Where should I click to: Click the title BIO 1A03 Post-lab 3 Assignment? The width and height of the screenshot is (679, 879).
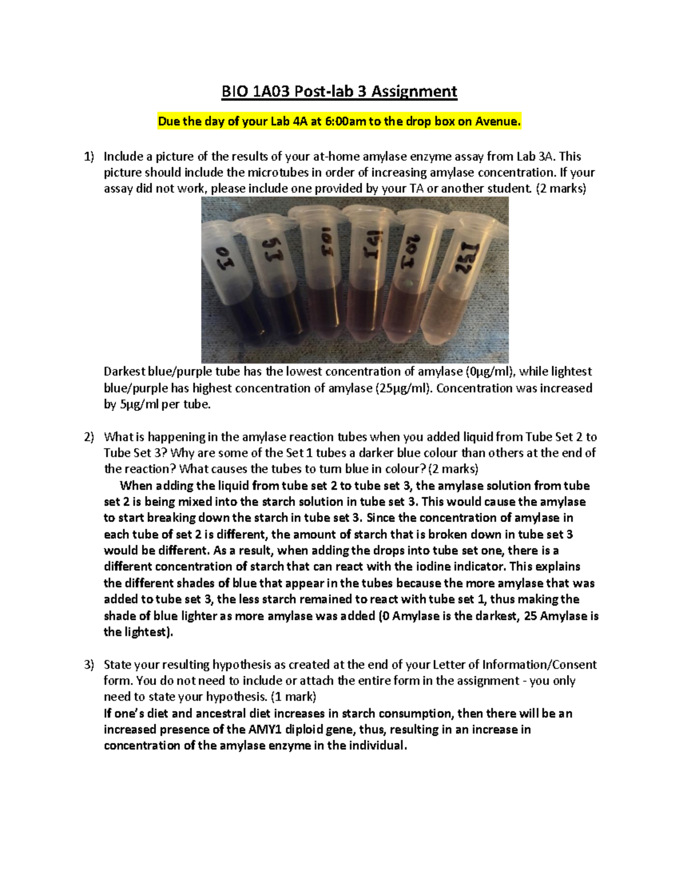339,92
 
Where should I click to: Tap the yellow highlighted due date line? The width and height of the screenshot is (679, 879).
339,121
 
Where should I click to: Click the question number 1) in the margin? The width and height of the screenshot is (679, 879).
89,157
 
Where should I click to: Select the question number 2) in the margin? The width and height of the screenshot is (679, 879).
89,437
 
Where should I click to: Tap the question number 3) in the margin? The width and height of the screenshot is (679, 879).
89,664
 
